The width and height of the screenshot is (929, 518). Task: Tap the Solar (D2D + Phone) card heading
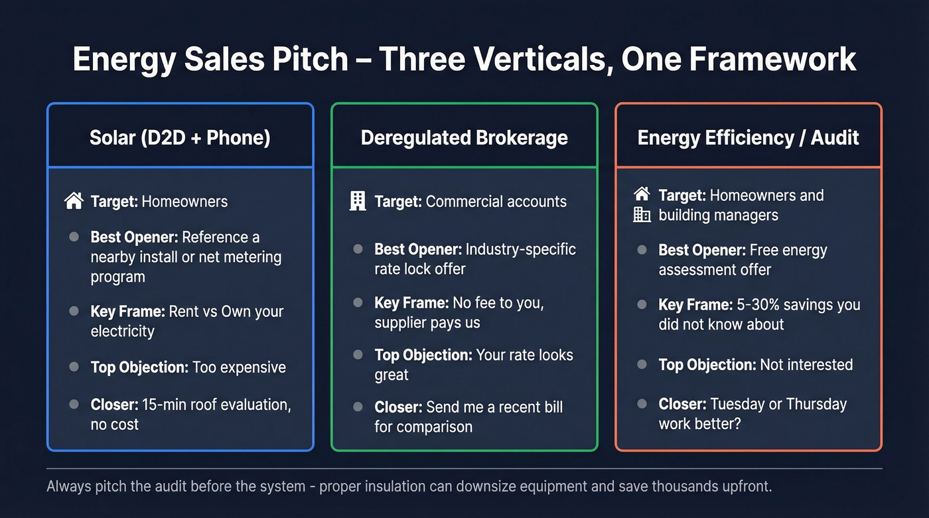click(x=180, y=137)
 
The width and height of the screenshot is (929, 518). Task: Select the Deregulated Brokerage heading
click(x=464, y=137)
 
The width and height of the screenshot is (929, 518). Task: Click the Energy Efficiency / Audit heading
click(x=748, y=137)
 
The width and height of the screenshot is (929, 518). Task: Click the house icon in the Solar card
click(x=74, y=201)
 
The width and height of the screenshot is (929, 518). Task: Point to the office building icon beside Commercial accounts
click(x=358, y=201)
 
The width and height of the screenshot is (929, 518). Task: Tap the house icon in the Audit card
click(x=642, y=194)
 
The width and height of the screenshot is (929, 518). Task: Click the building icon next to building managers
click(x=642, y=214)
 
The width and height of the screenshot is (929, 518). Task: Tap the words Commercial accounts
click(x=496, y=202)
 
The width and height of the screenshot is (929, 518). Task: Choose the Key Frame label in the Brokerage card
click(x=411, y=303)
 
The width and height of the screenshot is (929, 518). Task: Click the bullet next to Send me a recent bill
click(x=358, y=407)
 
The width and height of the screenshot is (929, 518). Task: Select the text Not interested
click(x=806, y=364)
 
